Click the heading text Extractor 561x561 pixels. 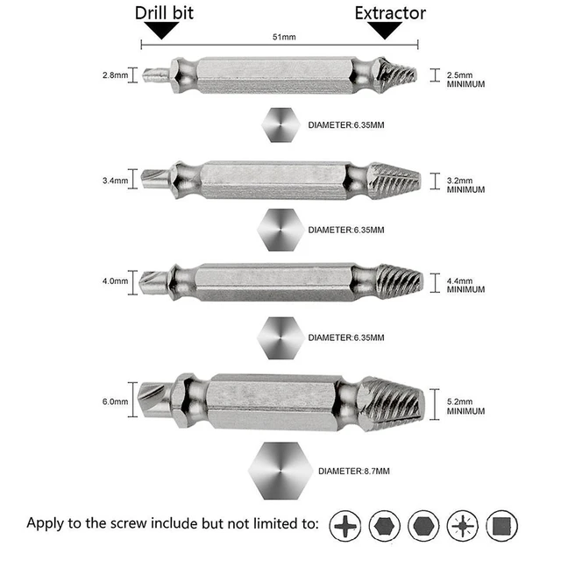click(x=390, y=13)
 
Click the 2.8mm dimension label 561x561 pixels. click(x=114, y=75)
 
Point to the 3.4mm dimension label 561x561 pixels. click(x=114, y=181)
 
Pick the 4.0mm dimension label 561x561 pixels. click(x=114, y=282)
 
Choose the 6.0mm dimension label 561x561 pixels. click(x=114, y=401)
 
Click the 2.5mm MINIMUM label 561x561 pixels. click(x=465, y=79)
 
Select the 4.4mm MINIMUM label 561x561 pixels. click(x=465, y=287)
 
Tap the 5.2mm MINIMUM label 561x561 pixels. click(x=465, y=406)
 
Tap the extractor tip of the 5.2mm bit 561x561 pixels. click(x=394, y=402)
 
